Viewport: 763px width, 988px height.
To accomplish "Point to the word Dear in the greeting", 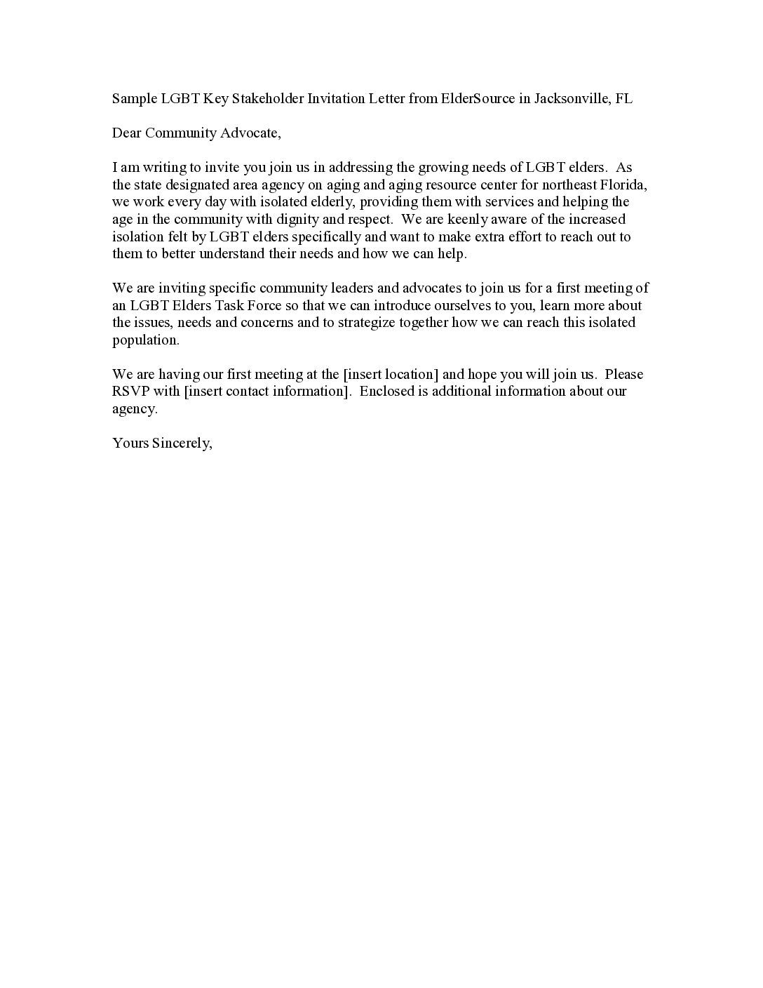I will [x=127, y=133].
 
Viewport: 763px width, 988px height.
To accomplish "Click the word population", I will [x=146, y=340].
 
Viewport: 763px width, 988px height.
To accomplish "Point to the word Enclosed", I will [x=387, y=391].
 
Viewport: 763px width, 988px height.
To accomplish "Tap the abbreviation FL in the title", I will [x=623, y=98].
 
